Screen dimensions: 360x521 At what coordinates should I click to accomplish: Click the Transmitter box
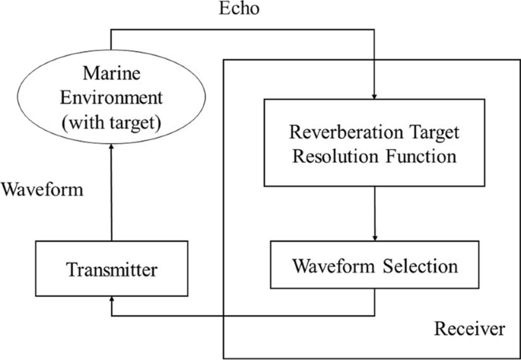coord(110,269)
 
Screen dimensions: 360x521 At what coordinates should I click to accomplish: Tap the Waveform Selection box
coord(374,266)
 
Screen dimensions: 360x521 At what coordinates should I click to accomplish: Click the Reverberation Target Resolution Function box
coord(374,142)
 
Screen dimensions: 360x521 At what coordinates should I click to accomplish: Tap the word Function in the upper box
coord(421,158)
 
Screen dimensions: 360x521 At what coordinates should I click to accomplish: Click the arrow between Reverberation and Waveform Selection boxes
coord(374,213)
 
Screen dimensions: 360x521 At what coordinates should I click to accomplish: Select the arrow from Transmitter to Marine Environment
coord(112,194)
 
